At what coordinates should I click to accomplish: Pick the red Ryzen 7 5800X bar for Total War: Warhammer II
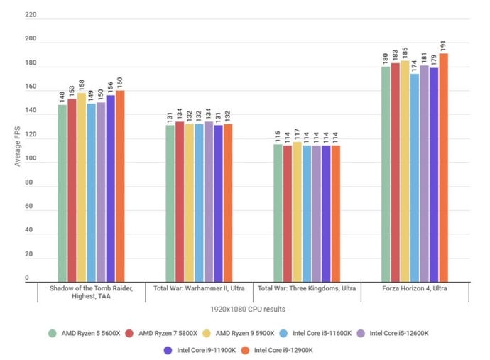180,202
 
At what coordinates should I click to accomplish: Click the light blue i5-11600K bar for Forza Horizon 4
415,178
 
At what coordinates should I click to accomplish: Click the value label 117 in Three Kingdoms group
297,134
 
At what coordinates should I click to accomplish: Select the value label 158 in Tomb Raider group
82,85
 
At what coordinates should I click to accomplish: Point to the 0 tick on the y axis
28,278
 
